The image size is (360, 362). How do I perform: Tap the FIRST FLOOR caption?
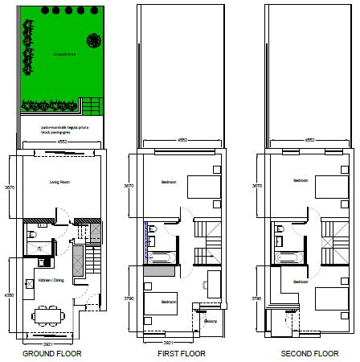point(182,354)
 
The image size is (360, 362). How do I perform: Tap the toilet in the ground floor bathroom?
point(30,235)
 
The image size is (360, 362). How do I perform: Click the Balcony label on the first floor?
point(211,322)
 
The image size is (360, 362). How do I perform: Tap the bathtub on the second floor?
point(288,257)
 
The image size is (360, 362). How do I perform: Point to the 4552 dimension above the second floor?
point(310,139)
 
